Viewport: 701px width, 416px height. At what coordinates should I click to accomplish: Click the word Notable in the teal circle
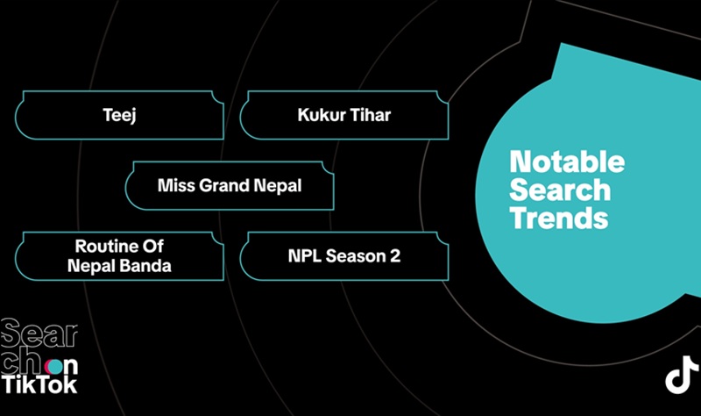567,162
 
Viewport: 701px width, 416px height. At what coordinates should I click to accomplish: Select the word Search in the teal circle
560,190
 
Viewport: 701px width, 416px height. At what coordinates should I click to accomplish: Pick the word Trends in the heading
559,217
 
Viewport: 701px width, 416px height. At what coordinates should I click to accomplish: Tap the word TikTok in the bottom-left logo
39,384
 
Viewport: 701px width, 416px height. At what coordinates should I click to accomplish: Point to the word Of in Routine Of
153,246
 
